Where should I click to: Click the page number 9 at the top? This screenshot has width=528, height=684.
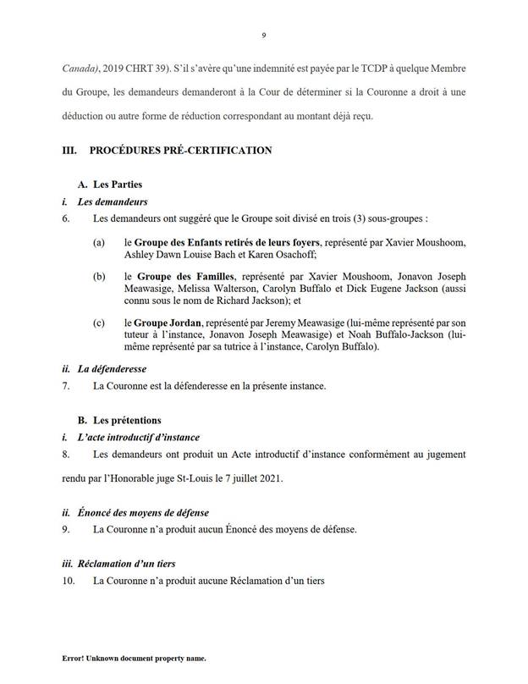pyautogui.click(x=264, y=36)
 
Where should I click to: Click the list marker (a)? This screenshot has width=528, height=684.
pyautogui.click(x=100, y=244)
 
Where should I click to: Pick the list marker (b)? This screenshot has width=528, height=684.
pyautogui.click(x=100, y=276)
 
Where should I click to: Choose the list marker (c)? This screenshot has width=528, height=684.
pyautogui.click(x=100, y=323)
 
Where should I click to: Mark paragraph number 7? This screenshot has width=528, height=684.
pyautogui.click(x=67, y=386)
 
